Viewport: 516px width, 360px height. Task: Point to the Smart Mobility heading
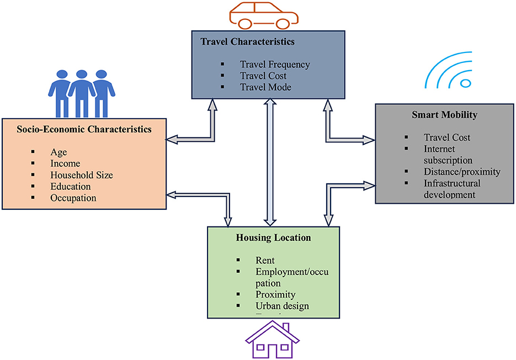click(444, 115)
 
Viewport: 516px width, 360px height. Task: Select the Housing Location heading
click(274, 238)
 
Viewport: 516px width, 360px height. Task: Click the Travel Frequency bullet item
click(274, 64)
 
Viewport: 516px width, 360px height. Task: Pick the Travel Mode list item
click(265, 87)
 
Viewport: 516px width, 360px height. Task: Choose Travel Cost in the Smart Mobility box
click(447, 137)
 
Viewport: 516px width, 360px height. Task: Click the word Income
click(65, 163)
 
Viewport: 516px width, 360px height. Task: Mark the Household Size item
click(81, 174)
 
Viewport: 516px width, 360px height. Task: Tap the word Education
click(70, 186)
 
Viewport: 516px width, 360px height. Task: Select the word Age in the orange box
click(58, 151)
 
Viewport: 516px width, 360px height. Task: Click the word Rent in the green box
click(265, 260)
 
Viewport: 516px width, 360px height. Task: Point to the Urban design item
click(282, 305)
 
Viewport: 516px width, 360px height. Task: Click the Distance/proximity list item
click(462, 171)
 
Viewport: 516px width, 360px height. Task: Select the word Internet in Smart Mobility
click(440, 149)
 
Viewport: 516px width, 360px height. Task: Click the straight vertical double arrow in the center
click(269, 162)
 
